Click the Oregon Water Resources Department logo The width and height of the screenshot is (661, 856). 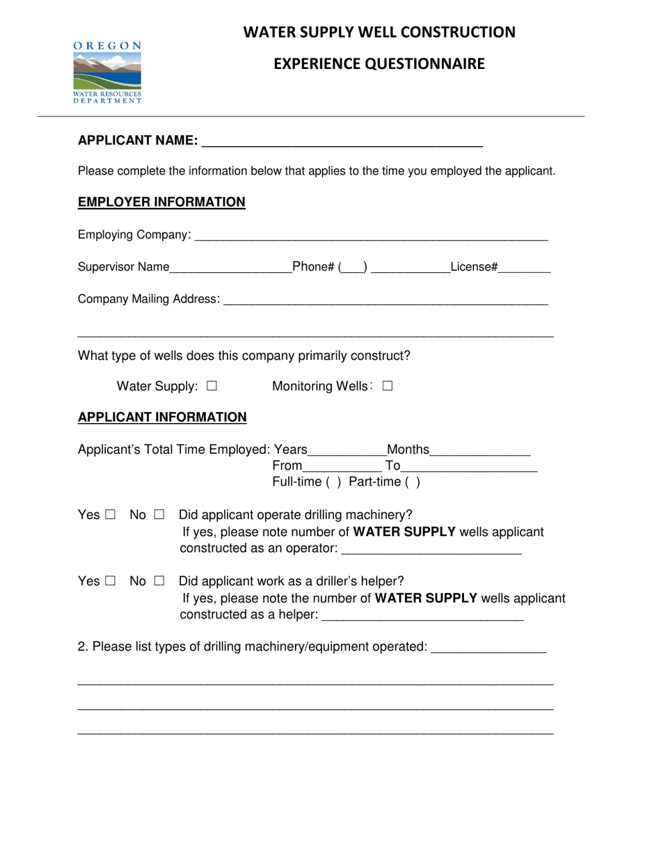(x=108, y=72)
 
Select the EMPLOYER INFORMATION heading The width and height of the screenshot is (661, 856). (x=161, y=202)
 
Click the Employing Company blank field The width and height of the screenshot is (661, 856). (x=371, y=236)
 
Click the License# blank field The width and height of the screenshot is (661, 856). (x=525, y=268)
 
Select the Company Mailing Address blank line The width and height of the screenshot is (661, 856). (x=385, y=300)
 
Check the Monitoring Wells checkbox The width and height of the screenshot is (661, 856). (x=388, y=386)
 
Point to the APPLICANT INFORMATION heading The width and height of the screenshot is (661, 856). (x=162, y=418)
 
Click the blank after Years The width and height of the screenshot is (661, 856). (x=347, y=450)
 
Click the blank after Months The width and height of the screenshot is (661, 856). (x=480, y=450)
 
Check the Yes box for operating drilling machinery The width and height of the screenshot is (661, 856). (x=111, y=516)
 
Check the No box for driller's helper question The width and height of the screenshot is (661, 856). (x=159, y=580)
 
